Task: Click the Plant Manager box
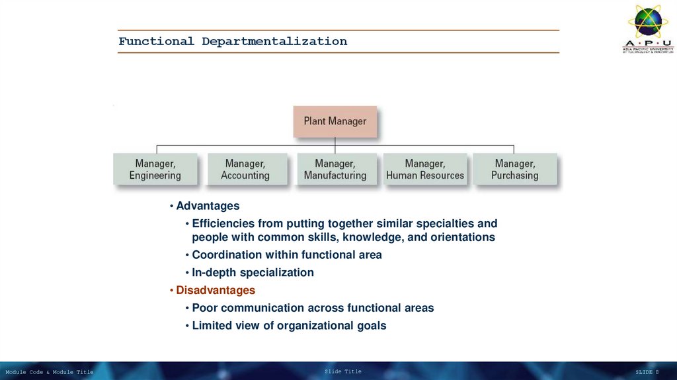(x=335, y=121)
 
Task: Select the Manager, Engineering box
(x=155, y=169)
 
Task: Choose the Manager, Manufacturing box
(x=335, y=169)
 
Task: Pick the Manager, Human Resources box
(x=425, y=169)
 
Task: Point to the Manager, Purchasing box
(x=514, y=169)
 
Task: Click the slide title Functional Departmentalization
(x=233, y=41)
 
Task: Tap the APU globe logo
(x=648, y=23)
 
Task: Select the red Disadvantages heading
(x=215, y=290)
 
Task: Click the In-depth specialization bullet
(x=253, y=272)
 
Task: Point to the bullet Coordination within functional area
(x=286, y=254)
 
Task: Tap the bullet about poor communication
(x=313, y=307)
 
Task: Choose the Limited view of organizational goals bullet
(x=289, y=325)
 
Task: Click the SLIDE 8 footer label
(x=647, y=372)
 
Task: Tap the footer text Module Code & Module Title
(x=50, y=372)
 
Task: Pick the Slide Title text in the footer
(x=343, y=371)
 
